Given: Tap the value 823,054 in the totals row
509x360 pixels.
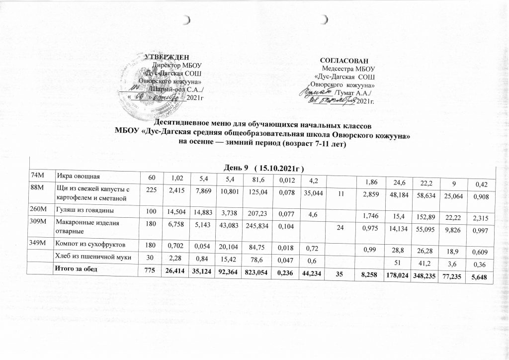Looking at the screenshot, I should [254, 270].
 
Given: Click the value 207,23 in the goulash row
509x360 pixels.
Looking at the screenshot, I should [254, 209].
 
